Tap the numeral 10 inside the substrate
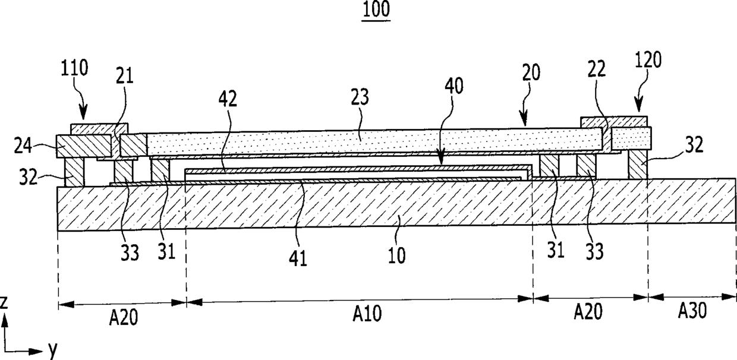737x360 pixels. tap(397, 255)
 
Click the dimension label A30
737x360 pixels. tap(692, 311)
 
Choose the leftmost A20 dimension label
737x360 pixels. tap(124, 318)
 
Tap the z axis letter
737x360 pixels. tap(4, 303)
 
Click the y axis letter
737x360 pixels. tap(52, 350)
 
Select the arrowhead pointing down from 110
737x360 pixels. tap(81, 115)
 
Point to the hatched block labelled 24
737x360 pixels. tap(83, 146)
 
